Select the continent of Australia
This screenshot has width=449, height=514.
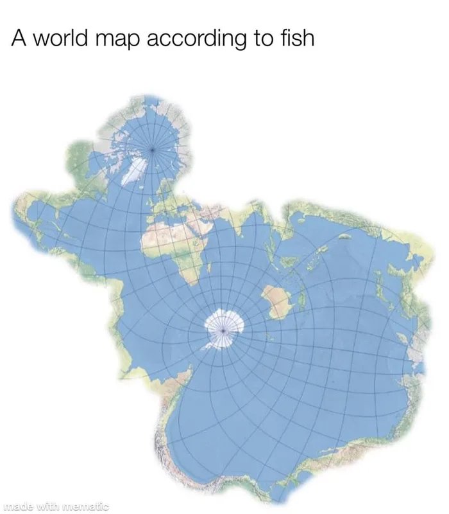[276, 302]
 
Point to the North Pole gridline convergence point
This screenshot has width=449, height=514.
[153, 149]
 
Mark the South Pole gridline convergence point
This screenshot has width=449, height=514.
[222, 329]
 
